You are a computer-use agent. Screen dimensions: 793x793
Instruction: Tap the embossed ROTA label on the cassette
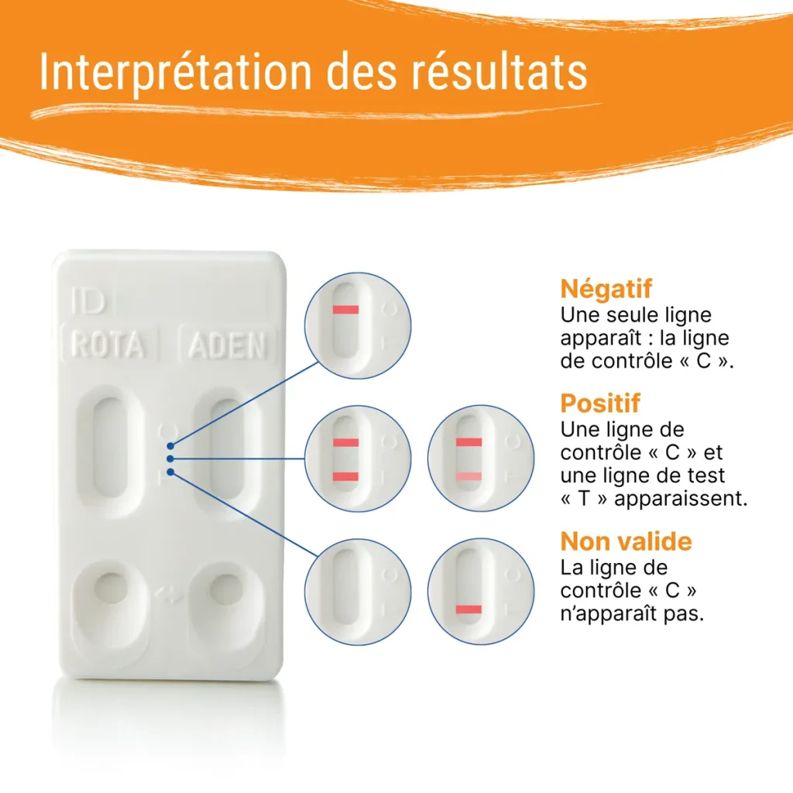(x=108, y=345)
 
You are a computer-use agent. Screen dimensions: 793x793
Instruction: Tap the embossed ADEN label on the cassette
(x=227, y=345)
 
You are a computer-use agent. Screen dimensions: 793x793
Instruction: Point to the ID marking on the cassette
(x=87, y=301)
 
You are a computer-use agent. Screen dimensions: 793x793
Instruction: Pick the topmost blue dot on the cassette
(x=170, y=445)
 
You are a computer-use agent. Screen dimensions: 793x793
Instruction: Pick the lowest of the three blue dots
(x=170, y=472)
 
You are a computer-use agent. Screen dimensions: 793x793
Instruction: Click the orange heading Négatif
(x=606, y=289)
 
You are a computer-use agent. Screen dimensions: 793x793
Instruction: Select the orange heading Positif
(x=600, y=403)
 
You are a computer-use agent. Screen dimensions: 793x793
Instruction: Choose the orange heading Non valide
(x=626, y=541)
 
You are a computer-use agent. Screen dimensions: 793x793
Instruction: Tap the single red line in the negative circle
(x=345, y=310)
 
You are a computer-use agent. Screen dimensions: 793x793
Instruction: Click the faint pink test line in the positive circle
(x=469, y=475)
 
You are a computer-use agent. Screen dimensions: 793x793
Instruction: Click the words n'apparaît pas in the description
(x=632, y=613)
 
